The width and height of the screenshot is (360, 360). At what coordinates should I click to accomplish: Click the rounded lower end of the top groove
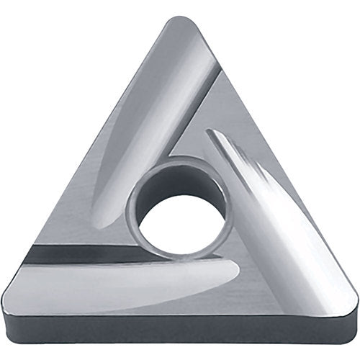(x=108, y=216)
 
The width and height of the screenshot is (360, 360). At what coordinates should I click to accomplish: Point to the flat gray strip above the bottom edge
(x=180, y=299)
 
